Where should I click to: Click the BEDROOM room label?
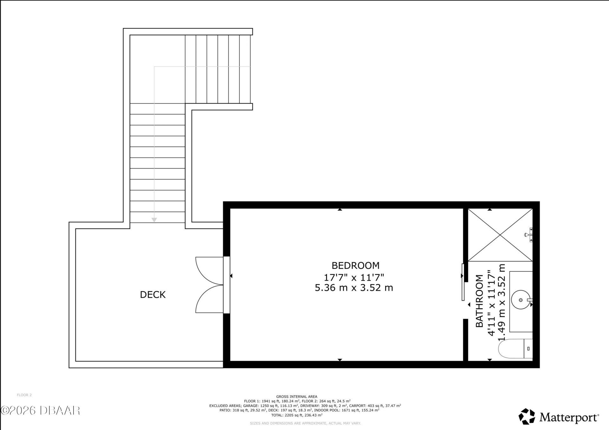(355, 265)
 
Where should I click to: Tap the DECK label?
(153, 295)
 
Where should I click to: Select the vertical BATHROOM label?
(479, 301)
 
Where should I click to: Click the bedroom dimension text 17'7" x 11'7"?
(354, 277)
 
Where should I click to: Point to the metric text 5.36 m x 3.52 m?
(354, 288)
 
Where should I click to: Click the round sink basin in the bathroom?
(521, 299)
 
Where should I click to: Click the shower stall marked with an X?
(500, 235)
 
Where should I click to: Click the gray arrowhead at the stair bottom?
(154, 220)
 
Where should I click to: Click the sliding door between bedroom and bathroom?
(463, 282)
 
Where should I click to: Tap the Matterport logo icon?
(527, 416)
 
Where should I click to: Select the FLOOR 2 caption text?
(24, 395)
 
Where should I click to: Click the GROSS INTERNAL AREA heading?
(297, 396)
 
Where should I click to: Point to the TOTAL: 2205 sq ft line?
(297, 415)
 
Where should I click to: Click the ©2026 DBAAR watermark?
(40, 411)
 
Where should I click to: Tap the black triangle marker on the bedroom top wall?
(340, 209)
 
